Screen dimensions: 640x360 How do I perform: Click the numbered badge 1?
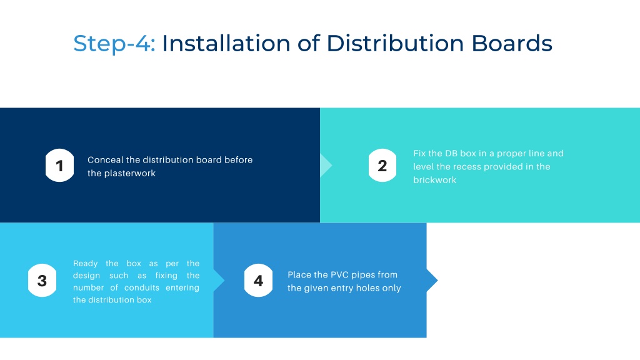coord(59,165)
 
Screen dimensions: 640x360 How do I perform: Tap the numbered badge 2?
coord(382,165)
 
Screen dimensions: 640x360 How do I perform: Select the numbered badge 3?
coord(42,281)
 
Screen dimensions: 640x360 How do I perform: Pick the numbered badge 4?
coord(258,281)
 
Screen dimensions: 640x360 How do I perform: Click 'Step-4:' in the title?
coord(114,44)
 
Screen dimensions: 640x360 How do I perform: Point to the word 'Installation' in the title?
coord(226,43)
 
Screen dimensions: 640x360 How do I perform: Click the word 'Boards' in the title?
coord(512,43)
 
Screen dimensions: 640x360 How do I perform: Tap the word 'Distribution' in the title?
coord(395,43)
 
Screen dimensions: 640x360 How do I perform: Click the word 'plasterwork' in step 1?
coord(130,174)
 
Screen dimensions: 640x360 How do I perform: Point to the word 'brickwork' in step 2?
coord(435,180)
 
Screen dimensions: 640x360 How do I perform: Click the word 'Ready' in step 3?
coord(85,264)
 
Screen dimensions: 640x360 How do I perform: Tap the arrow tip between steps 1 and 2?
coord(332,165)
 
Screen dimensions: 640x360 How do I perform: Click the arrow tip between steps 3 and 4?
coord(224,281)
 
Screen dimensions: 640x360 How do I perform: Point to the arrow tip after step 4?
coord(437,281)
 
